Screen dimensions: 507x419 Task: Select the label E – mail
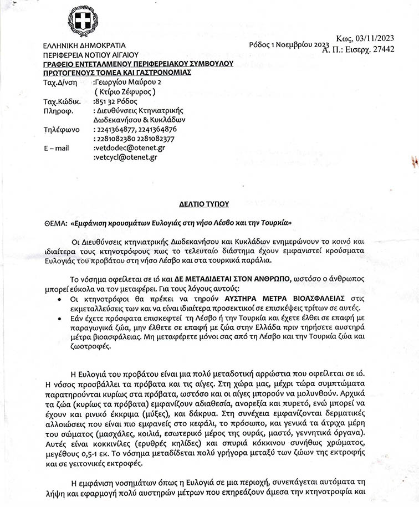(x=56, y=148)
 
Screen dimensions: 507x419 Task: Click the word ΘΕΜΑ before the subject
(x=53, y=222)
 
